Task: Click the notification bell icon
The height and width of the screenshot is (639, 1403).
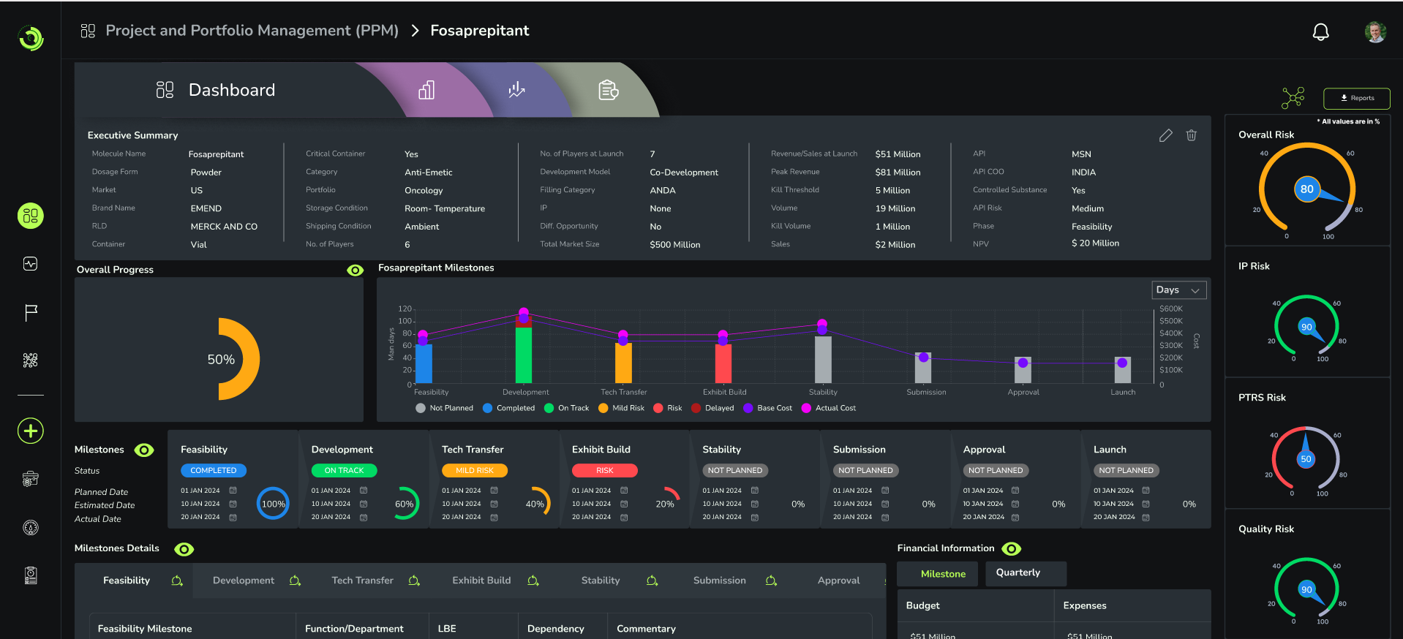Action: pyautogui.click(x=1320, y=32)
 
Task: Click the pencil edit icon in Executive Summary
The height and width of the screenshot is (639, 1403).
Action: pyautogui.click(x=1166, y=135)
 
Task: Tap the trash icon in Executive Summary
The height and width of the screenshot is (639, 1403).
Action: pyautogui.click(x=1192, y=135)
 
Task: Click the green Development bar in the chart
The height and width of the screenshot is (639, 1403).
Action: pyautogui.click(x=524, y=355)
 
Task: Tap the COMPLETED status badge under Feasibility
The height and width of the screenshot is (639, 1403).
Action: pyautogui.click(x=214, y=471)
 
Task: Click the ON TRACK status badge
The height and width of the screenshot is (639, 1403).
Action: pyautogui.click(x=344, y=471)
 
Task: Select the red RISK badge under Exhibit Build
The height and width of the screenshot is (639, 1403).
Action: pyautogui.click(x=604, y=471)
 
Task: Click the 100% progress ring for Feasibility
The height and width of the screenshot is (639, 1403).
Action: pyautogui.click(x=273, y=504)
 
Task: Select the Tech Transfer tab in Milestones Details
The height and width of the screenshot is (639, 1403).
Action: pyautogui.click(x=363, y=581)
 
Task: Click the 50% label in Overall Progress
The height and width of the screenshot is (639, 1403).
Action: pyautogui.click(x=221, y=360)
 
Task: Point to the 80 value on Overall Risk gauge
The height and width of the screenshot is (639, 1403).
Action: pyautogui.click(x=1306, y=189)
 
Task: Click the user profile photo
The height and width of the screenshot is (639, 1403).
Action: pyautogui.click(x=1375, y=32)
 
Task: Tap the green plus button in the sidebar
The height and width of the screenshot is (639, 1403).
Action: pyautogui.click(x=31, y=431)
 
